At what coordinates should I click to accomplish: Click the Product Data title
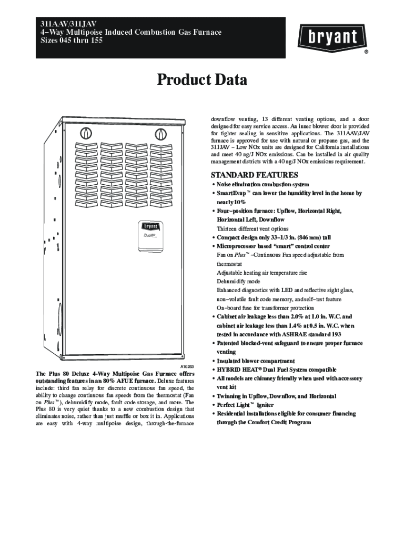(x=202, y=79)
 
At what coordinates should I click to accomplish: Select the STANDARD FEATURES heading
(x=254, y=175)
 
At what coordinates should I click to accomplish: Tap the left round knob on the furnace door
(x=86, y=133)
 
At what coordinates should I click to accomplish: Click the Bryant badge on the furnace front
(x=150, y=235)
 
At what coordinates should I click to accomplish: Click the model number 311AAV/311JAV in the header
(x=68, y=24)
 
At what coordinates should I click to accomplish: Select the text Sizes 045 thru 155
(x=72, y=40)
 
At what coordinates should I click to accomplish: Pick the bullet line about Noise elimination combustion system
(x=262, y=185)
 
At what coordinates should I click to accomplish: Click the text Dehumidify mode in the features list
(x=238, y=281)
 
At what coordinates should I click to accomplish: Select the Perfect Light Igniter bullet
(x=245, y=405)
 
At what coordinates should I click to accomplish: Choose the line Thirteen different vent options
(x=252, y=229)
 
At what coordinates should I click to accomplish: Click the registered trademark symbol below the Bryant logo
(x=366, y=52)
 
